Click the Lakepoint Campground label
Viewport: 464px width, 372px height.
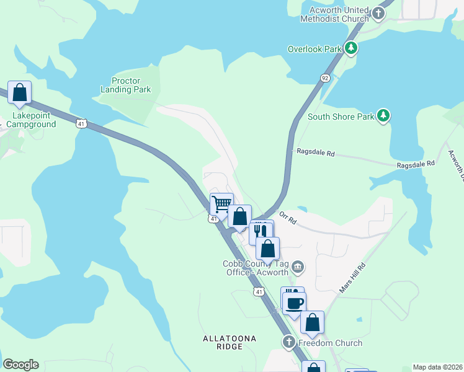pyautogui.click(x=31, y=120)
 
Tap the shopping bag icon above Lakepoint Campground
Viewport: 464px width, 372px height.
pyautogui.click(x=19, y=93)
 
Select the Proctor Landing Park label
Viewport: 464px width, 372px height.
pyautogui.click(x=126, y=86)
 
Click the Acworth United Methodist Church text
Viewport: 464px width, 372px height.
pyautogui.click(x=334, y=14)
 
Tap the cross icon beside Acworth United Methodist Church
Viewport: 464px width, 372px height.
pyautogui.click(x=378, y=11)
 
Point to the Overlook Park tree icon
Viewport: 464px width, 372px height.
pyautogui.click(x=351, y=48)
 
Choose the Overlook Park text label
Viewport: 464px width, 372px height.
pyautogui.click(x=315, y=49)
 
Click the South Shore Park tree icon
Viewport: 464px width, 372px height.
pyautogui.click(x=384, y=115)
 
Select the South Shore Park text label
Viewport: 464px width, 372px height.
pyautogui.click(x=341, y=117)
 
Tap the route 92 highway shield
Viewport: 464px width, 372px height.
pyautogui.click(x=325, y=78)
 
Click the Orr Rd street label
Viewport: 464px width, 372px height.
pyautogui.click(x=288, y=217)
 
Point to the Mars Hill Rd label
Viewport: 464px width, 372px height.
pyautogui.click(x=352, y=278)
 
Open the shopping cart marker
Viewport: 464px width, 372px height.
pyautogui.click(x=221, y=203)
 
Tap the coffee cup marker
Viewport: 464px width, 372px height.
pyautogui.click(x=295, y=303)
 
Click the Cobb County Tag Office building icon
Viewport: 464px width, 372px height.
pyautogui.click(x=298, y=267)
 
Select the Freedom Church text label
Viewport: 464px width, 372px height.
pyautogui.click(x=330, y=343)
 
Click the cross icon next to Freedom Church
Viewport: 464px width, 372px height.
pyautogui.click(x=288, y=342)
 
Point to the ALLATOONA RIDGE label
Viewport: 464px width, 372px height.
pyautogui.click(x=229, y=342)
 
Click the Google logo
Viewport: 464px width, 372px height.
pyautogui.click(x=20, y=365)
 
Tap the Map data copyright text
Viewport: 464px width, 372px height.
pyautogui.click(x=437, y=367)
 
